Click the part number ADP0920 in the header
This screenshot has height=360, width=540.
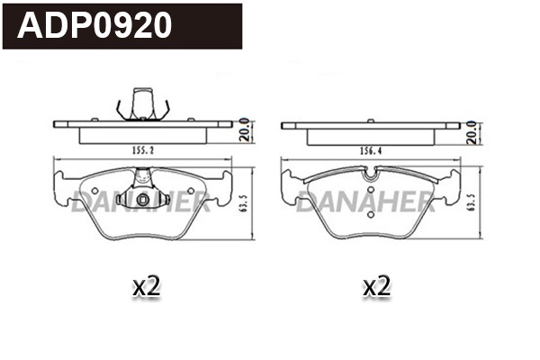[95, 25]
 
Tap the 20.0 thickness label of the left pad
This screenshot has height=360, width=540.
[244, 132]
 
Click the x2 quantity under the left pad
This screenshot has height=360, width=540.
[145, 287]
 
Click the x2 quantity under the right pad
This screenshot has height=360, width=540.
[375, 287]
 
